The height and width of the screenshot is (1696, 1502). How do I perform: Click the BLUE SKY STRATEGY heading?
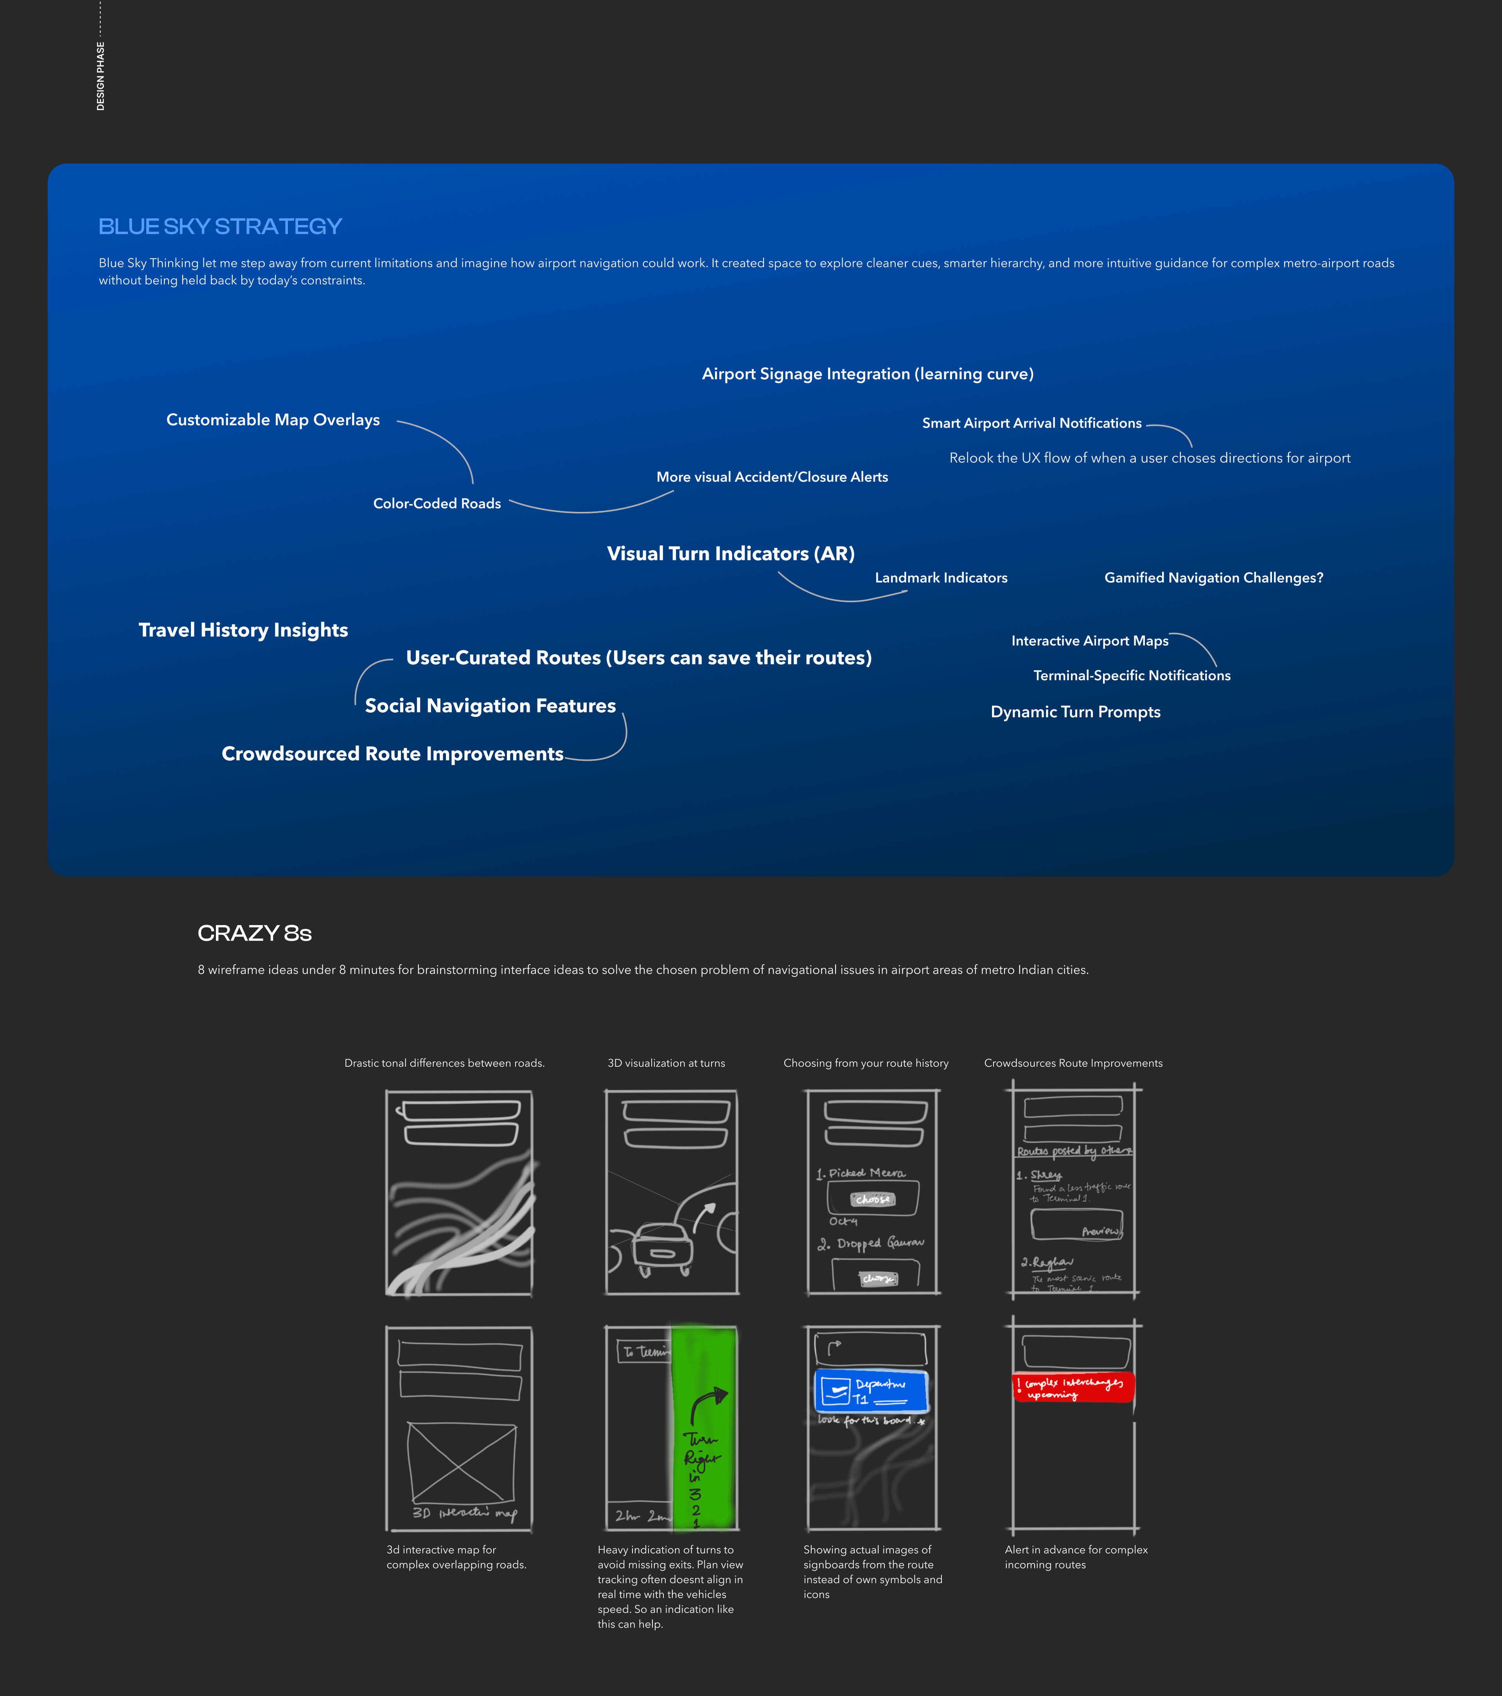(x=220, y=227)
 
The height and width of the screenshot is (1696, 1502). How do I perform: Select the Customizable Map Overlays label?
(x=273, y=420)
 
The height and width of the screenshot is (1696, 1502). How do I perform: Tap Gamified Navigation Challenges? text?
(x=1213, y=578)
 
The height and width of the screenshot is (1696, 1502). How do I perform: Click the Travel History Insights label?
(x=243, y=630)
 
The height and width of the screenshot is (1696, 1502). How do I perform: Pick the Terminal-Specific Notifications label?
(x=1131, y=675)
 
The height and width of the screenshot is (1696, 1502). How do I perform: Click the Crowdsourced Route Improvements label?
(x=392, y=753)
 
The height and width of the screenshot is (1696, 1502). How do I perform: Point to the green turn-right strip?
(x=703, y=1427)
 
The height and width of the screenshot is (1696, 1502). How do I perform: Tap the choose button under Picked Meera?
(x=873, y=1199)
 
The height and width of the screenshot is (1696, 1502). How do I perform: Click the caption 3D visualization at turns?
(x=666, y=1063)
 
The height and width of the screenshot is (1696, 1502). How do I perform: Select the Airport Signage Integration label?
(x=868, y=374)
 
